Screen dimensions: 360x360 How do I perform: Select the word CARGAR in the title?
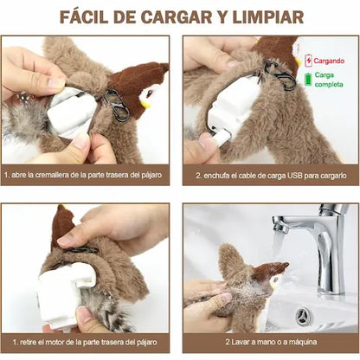pos(177,17)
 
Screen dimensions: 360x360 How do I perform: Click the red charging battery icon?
pos(309,61)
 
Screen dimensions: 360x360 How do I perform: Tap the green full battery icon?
pos(308,80)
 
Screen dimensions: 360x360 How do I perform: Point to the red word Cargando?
pos(329,61)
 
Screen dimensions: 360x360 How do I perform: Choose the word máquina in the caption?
pos(304,342)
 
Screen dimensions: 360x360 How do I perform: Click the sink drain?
pos(304,316)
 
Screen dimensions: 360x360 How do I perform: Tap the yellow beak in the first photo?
pos(145,103)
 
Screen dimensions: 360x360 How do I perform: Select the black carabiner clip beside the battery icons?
pos(280,75)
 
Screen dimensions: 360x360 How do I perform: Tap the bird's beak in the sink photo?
pos(273,284)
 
